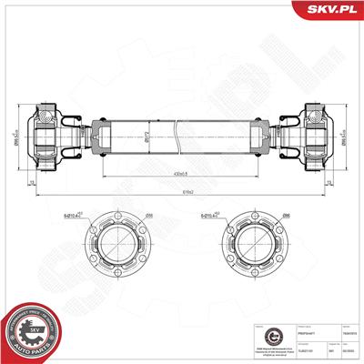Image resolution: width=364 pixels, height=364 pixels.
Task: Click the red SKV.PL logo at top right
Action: (x=331, y=10)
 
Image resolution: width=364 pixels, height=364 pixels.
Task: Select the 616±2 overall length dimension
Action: (x=182, y=191)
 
